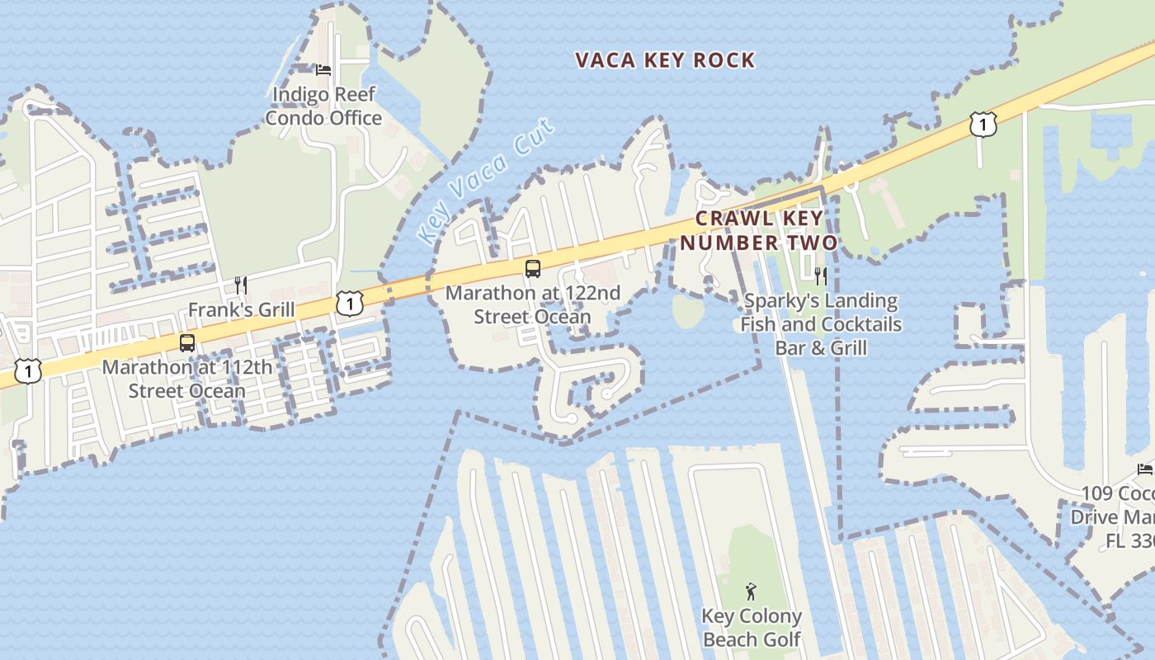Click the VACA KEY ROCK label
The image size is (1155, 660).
pyautogui.click(x=665, y=60)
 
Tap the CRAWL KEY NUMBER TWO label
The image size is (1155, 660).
pyautogui.click(x=759, y=230)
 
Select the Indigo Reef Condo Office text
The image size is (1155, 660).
pyautogui.click(x=323, y=106)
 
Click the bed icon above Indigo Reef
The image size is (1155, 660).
pyautogui.click(x=323, y=70)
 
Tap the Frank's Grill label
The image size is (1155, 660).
pyautogui.click(x=241, y=309)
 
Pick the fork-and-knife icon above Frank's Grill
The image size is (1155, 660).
pyautogui.click(x=241, y=285)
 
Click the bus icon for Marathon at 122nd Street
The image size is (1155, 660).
pyautogui.click(x=533, y=268)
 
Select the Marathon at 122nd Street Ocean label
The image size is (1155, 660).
pyautogui.click(x=533, y=304)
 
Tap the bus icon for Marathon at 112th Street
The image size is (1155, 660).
pyautogui.click(x=187, y=342)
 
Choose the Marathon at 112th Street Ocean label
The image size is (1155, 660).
pyautogui.click(x=186, y=379)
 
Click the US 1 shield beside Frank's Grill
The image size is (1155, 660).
pyautogui.click(x=350, y=303)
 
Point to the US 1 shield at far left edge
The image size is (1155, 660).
pyautogui.click(x=28, y=371)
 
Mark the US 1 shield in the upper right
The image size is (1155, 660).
pyautogui.click(x=983, y=125)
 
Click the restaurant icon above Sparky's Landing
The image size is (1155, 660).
pyautogui.click(x=821, y=276)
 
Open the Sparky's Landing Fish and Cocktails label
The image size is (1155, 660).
pyautogui.click(x=821, y=324)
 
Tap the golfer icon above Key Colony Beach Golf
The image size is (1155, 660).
pyautogui.click(x=751, y=592)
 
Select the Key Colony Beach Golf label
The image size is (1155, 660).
pyautogui.click(x=752, y=628)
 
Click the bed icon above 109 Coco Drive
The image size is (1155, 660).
pyautogui.click(x=1145, y=469)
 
